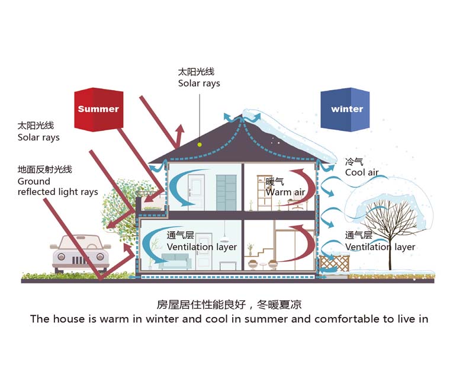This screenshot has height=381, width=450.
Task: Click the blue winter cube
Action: pyautogui.click(x=345, y=109)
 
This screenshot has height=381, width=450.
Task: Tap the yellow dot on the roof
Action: pyautogui.click(x=200, y=143)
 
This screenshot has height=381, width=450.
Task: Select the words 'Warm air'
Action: pyautogui.click(x=286, y=192)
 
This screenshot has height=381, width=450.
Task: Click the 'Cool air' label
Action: pyautogui.click(x=362, y=172)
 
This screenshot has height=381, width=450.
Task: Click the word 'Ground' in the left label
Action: pyautogui.click(x=34, y=181)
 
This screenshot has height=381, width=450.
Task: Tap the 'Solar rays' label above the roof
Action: pyautogui.click(x=199, y=84)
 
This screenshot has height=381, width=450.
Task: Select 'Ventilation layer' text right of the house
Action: pyautogui.click(x=380, y=247)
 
